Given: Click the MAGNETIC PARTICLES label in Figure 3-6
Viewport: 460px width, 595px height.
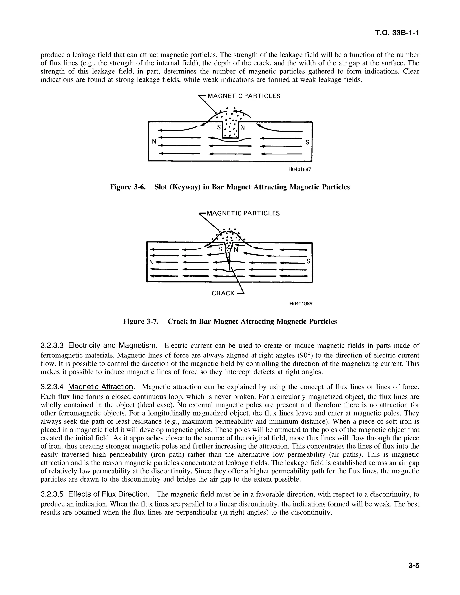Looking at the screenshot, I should tap(244, 96).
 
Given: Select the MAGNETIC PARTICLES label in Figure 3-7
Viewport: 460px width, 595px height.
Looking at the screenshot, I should tap(243, 213).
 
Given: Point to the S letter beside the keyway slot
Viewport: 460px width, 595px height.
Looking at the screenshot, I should tap(219, 127).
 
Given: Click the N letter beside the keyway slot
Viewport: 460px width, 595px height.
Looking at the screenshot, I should tap(243, 127).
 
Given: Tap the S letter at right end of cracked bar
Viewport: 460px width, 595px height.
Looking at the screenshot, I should tap(308, 261).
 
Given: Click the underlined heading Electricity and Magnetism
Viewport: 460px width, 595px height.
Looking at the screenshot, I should tap(112, 346).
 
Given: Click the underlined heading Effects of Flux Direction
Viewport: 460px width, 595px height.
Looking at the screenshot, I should tap(108, 494).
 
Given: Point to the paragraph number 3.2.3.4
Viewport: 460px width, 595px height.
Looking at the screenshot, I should tap(52, 387).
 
